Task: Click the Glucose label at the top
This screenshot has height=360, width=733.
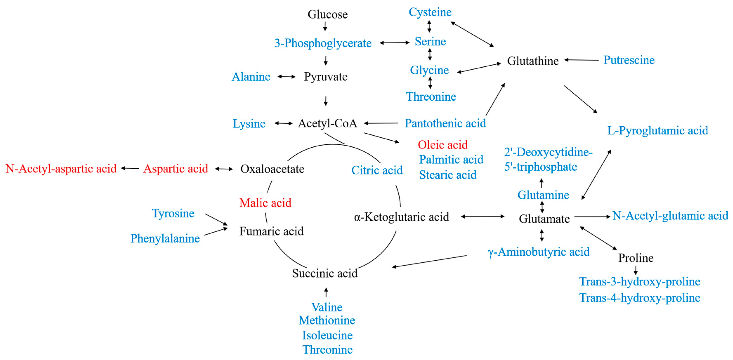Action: (328, 14)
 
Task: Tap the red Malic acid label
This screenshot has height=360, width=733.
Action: (265, 203)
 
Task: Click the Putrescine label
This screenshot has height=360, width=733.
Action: (629, 60)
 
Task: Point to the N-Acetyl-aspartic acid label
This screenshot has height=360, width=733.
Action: (61, 169)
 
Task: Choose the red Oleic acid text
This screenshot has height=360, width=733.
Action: (443, 145)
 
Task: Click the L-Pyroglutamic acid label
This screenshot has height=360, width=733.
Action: (657, 131)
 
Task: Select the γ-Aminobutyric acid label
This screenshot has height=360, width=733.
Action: (538, 252)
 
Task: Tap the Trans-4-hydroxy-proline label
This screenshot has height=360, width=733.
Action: (640, 298)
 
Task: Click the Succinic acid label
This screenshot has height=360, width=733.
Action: (325, 273)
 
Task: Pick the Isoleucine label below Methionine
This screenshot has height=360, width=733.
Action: (327, 335)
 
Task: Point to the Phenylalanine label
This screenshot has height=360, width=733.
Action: (165, 238)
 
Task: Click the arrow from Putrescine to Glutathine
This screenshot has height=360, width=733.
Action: (581, 60)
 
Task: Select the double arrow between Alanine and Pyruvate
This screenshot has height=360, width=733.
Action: (287, 76)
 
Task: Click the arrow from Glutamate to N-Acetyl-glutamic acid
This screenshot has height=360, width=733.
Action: (592, 217)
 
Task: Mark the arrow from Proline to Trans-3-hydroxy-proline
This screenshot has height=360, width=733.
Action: (636, 270)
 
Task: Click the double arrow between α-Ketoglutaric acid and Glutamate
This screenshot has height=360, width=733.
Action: (483, 217)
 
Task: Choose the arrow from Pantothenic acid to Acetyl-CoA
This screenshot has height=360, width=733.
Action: (381, 123)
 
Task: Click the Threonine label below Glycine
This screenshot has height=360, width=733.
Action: (431, 97)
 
